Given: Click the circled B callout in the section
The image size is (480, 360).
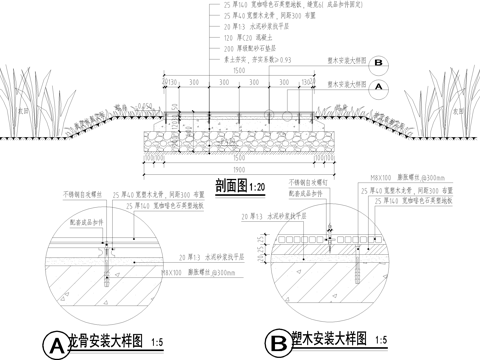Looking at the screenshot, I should pos(381,61).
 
